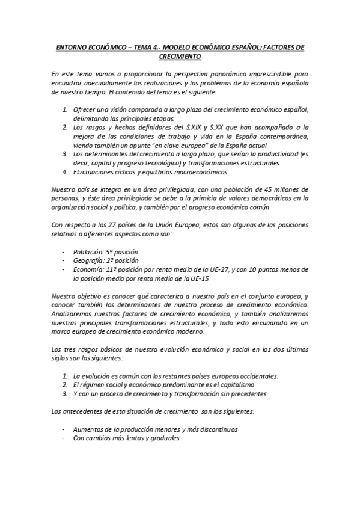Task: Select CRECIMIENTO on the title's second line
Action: coord(180,56)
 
